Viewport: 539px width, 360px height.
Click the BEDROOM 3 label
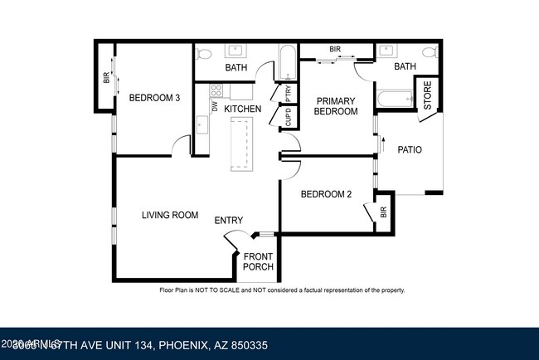click(x=154, y=98)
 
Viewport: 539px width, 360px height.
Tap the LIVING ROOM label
click(x=169, y=215)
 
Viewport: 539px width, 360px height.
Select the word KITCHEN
click(x=242, y=109)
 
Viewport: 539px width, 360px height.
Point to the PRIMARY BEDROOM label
click(x=336, y=105)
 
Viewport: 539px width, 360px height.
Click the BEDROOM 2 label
click(x=326, y=194)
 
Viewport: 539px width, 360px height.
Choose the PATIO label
click(x=410, y=150)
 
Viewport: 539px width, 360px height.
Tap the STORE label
click(x=428, y=95)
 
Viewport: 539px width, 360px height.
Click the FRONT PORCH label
click(x=258, y=261)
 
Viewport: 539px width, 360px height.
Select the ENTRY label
click(x=229, y=220)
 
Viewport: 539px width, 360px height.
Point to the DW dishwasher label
click(x=214, y=106)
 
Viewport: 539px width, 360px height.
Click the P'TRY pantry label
click(x=288, y=92)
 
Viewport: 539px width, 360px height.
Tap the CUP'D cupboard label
click(x=288, y=118)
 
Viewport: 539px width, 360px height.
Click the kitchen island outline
click(x=241, y=144)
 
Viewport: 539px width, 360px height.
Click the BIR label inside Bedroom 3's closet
click(x=106, y=79)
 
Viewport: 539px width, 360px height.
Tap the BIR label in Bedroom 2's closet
click(x=383, y=212)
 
